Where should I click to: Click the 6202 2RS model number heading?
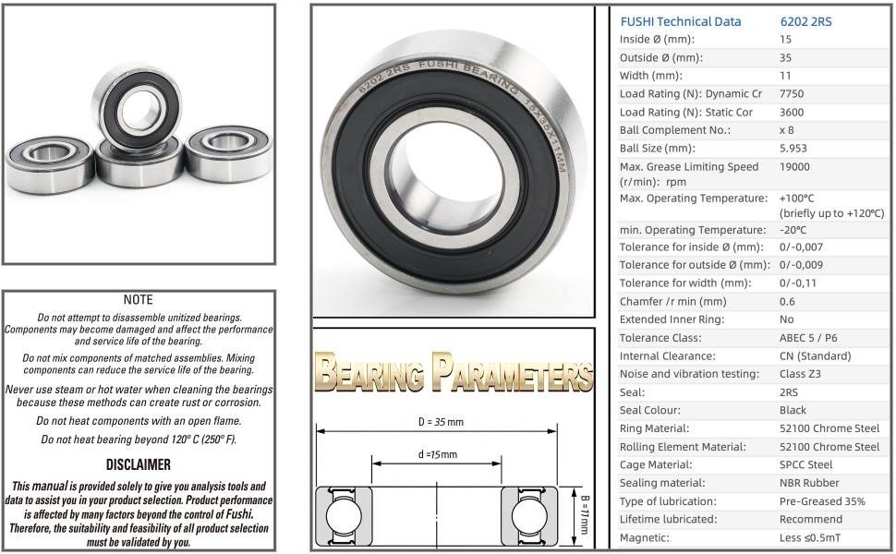(805, 22)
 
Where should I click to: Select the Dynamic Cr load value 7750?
(792, 93)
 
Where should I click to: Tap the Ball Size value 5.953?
(793, 149)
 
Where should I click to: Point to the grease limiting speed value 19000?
(794, 167)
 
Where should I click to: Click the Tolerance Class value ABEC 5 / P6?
(808, 338)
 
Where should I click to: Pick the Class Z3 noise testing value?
(800, 374)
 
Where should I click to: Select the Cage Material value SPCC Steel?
(805, 465)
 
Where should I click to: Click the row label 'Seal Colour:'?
(649, 410)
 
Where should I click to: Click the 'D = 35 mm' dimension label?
(441, 422)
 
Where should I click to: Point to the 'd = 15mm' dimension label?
(437, 454)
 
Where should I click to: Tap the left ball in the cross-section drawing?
(344, 516)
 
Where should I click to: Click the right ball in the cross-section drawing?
(529, 516)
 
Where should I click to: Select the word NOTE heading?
(139, 300)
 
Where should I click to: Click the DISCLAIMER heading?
(139, 465)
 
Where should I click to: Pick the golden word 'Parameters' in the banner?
(512, 372)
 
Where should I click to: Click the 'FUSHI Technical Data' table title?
(681, 22)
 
